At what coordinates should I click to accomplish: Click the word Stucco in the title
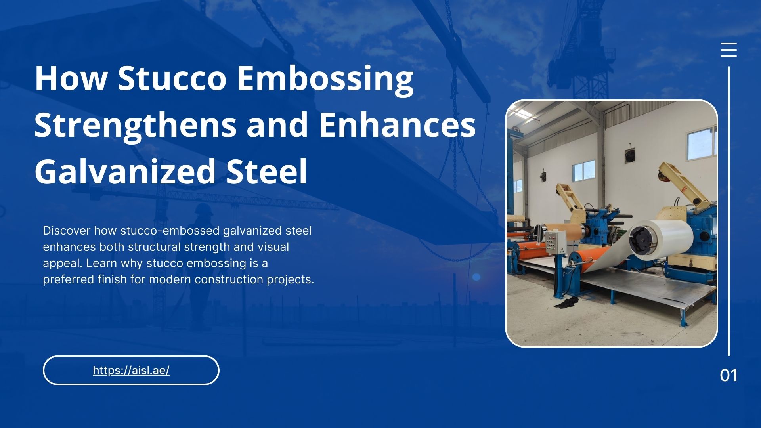(x=172, y=78)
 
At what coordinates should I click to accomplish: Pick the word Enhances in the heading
(x=397, y=125)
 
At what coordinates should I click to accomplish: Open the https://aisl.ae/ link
(x=131, y=371)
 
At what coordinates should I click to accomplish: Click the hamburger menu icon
(x=728, y=50)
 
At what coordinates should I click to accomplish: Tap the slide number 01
(x=728, y=375)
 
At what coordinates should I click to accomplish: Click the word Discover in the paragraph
(x=67, y=231)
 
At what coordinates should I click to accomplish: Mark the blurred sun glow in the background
(x=476, y=277)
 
